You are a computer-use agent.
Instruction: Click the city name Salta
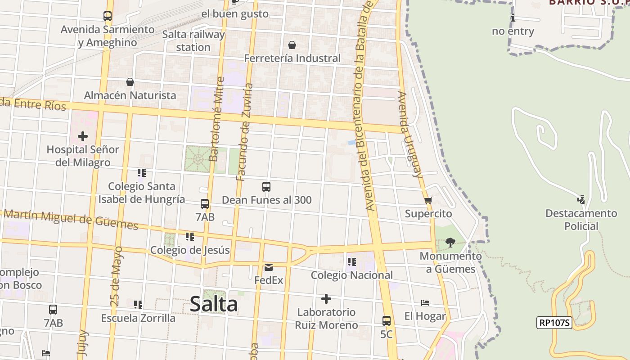coord(214,304)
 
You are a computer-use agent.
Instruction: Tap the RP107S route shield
coord(554,323)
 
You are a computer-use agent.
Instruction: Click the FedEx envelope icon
coord(269,267)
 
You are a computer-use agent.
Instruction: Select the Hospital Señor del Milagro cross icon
coord(83,136)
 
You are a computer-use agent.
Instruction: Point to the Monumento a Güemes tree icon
coord(450,243)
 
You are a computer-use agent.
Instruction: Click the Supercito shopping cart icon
coord(428,200)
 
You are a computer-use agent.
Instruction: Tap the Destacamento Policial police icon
coord(581,199)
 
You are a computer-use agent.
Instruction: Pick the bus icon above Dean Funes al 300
coord(266,186)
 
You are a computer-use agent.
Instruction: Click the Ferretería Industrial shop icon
coord(292,45)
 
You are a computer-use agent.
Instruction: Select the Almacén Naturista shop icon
coord(130,82)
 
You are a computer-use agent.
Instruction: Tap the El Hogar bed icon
coord(425,303)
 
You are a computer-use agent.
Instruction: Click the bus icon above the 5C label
coord(387,321)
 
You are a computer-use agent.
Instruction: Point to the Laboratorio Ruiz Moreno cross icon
coord(326,299)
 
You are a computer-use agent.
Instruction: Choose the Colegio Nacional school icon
coord(352,261)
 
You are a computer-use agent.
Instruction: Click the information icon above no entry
coord(513,18)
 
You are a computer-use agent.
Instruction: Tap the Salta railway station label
coord(193,40)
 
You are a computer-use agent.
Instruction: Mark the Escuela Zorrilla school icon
coord(138,305)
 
